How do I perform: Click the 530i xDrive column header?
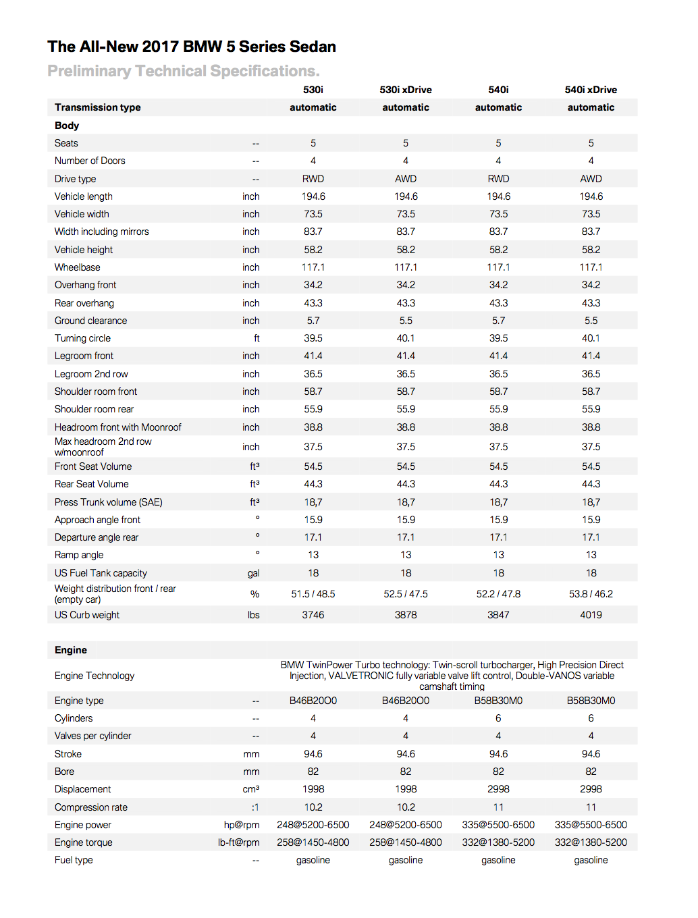tap(405, 90)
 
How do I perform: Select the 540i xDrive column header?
tap(591, 90)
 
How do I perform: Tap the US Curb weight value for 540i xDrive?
tap(591, 615)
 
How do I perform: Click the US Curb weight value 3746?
tap(313, 615)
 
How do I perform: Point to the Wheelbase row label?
tap(78, 267)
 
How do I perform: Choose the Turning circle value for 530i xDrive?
tap(406, 338)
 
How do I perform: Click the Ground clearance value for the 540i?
tap(498, 321)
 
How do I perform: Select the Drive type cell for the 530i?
tap(313, 179)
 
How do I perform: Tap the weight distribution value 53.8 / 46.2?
tap(591, 594)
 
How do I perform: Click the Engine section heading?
tap(71, 650)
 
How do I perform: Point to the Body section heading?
tap(67, 126)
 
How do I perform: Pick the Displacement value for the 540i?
tap(498, 789)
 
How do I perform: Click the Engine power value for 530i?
tap(313, 825)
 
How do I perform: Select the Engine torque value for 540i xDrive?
tap(591, 842)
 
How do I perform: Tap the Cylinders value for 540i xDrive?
tap(591, 718)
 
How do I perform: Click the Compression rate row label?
tap(91, 807)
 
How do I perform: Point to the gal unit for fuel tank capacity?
tap(253, 573)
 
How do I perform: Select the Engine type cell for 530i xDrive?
tap(406, 701)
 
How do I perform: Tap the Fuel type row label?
tap(74, 860)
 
